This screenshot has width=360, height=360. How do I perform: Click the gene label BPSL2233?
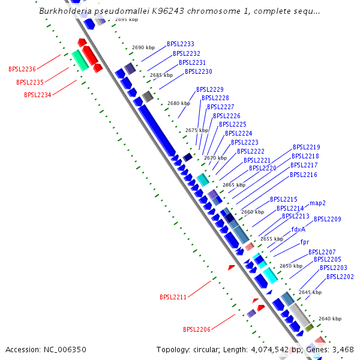(180, 44)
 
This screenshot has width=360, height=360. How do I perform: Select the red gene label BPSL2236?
(22, 70)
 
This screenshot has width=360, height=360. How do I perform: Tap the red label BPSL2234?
(38, 95)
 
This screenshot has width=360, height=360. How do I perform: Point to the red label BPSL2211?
(173, 297)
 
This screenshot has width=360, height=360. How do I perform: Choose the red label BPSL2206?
(197, 329)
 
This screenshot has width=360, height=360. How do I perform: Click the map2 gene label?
(317, 203)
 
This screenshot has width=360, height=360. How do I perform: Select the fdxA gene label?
(298, 229)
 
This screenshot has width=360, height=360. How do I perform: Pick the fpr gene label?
(305, 242)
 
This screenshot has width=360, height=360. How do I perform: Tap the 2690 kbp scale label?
(143, 47)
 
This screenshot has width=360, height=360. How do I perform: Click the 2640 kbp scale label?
(329, 319)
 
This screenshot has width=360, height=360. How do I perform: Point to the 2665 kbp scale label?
(233, 185)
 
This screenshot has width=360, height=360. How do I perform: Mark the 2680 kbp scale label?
(178, 103)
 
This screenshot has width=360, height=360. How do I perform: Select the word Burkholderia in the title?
(65, 11)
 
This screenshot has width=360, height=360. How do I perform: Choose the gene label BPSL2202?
(340, 277)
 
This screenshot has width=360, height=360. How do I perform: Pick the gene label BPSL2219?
(306, 147)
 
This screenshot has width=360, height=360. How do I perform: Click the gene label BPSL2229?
(209, 89)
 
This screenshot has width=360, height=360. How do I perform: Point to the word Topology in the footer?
(174, 349)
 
